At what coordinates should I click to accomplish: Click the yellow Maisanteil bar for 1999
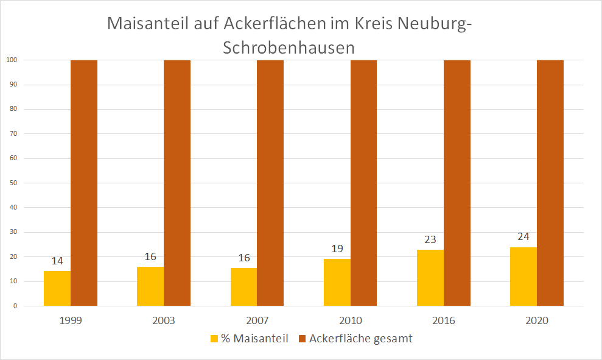coord(57,288)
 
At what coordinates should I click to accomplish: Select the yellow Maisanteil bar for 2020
coord(523,276)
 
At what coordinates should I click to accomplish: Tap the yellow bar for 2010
coord(337,282)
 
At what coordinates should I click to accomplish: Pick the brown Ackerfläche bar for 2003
coord(177,183)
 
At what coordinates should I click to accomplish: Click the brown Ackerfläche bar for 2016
coord(457,183)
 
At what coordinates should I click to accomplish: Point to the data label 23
coord(430,239)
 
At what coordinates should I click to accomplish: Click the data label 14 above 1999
coord(57,261)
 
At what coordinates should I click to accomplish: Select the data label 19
coord(337,249)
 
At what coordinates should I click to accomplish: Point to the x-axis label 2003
coord(164,320)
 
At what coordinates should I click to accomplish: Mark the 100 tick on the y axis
coord(11,60)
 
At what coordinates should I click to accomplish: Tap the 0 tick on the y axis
coord(15,306)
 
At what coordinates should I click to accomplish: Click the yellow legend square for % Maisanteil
coord(214,339)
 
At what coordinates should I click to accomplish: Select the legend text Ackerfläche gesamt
coord(360,339)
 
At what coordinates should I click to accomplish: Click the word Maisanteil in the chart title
coord(154,24)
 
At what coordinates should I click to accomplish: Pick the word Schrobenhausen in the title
coord(289,48)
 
